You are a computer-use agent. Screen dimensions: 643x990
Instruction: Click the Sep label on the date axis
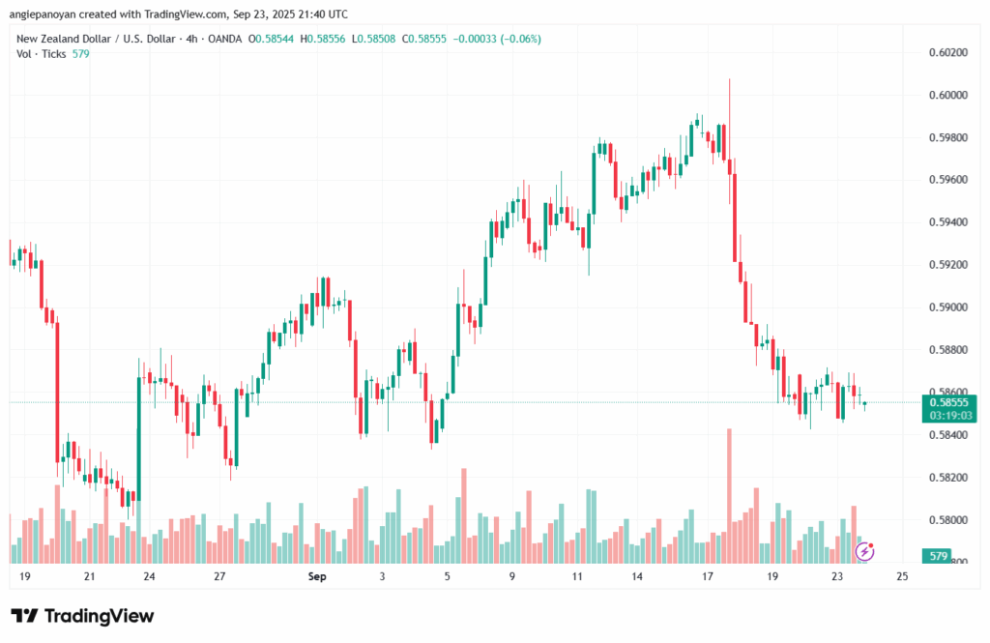pos(316,577)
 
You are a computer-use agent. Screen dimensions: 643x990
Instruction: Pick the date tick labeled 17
pos(708,577)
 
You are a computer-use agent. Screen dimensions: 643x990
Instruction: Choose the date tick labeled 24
pos(149,577)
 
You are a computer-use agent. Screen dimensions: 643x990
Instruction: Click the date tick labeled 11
pos(576,577)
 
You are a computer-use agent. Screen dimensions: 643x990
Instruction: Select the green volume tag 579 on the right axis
pos(937,557)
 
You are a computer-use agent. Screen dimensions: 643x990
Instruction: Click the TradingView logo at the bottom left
pos(82,616)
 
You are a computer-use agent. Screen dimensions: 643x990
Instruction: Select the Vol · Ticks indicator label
pos(42,53)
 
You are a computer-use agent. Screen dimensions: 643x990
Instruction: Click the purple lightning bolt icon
pos(866,550)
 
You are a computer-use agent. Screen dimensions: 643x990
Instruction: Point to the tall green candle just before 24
pos(139,435)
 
